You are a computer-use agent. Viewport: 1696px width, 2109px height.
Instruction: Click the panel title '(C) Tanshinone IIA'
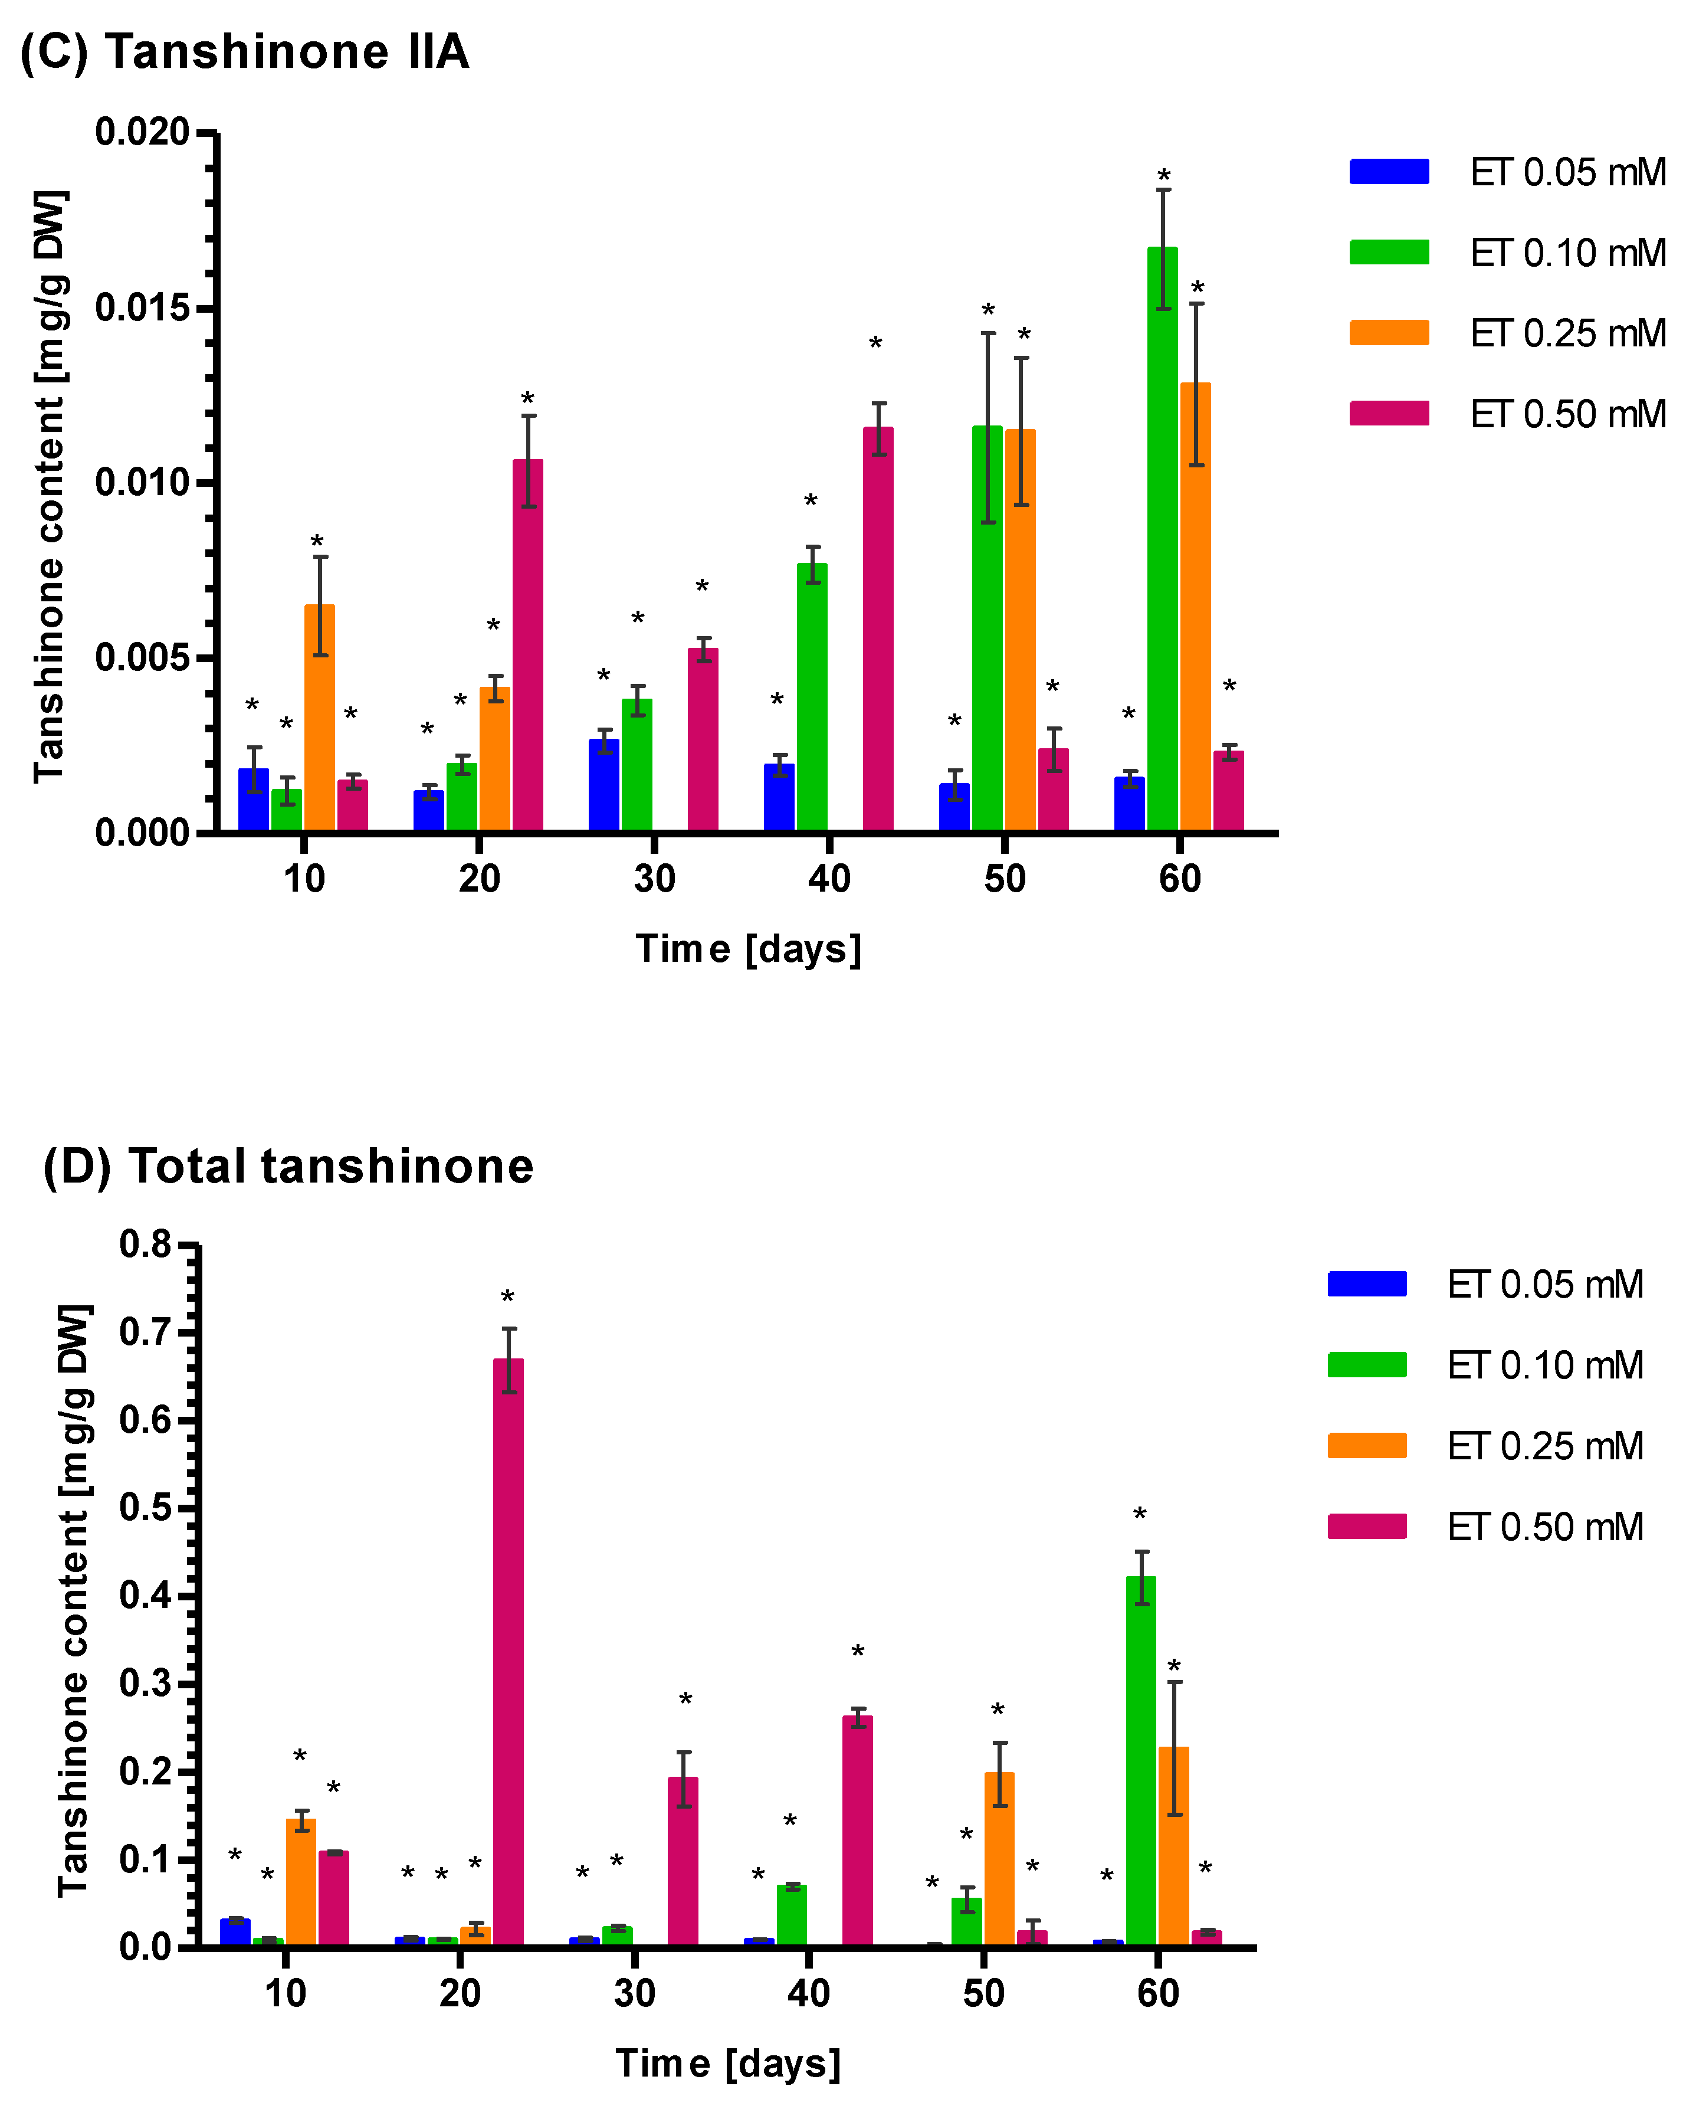click(x=245, y=51)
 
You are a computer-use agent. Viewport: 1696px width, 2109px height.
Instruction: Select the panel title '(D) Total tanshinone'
click(x=288, y=1166)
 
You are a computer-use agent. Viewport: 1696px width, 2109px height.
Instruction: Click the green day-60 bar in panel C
click(x=1162, y=538)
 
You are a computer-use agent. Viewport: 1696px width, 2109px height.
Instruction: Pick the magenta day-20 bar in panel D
click(x=508, y=1653)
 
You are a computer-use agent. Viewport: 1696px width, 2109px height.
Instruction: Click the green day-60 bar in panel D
click(x=1140, y=1761)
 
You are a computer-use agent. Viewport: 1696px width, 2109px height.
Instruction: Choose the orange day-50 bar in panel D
click(x=999, y=1859)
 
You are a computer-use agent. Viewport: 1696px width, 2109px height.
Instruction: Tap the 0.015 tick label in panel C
click(x=142, y=308)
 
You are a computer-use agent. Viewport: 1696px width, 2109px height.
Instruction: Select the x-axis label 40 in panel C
click(x=828, y=879)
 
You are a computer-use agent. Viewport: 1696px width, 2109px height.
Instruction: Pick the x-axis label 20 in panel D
click(x=460, y=1993)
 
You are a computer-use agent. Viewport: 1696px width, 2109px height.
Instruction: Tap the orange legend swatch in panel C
click(x=1389, y=333)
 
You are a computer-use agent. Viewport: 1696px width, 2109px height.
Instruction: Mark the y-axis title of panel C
click(x=49, y=486)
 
